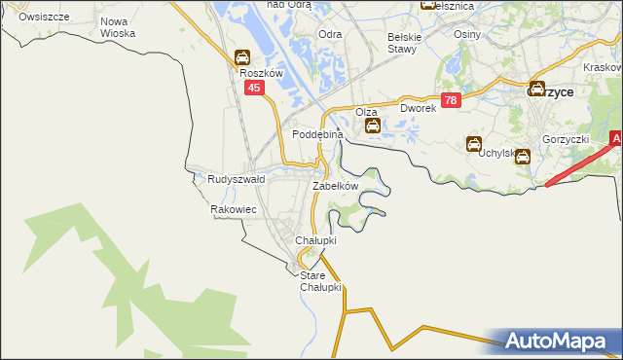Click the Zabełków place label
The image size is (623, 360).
click(336, 186)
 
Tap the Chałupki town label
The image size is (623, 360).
click(315, 240)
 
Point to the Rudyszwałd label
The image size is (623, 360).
click(237, 180)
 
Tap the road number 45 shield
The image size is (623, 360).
click(254, 88)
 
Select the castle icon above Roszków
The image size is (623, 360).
click(241, 57)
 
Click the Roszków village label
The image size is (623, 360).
click(260, 73)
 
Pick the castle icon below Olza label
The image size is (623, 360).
click(372, 125)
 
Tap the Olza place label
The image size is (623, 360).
click(366, 112)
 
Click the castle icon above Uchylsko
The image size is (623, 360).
click(475, 143)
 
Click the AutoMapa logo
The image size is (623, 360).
click(561, 342)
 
